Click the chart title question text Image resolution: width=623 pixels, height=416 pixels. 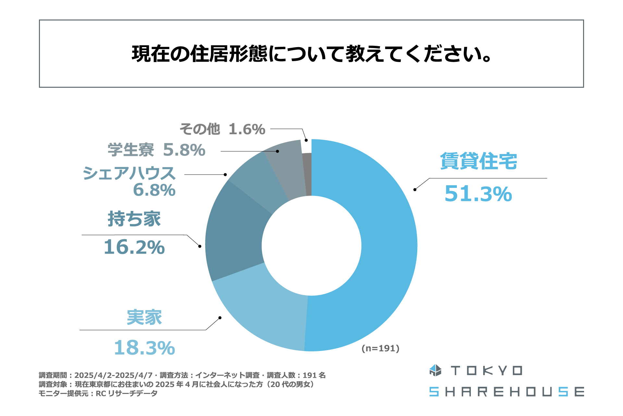click(311, 54)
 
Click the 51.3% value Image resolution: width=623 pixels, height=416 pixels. click(478, 194)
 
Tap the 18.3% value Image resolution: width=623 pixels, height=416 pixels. click(144, 348)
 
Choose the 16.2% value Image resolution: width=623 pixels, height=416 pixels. click(134, 247)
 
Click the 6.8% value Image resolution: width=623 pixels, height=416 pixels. click(154, 190)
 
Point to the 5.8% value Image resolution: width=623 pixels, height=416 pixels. click(184, 150)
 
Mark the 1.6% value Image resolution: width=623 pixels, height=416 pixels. click(247, 129)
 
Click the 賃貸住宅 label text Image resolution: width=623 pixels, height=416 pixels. click(478, 161)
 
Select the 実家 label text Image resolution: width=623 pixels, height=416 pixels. click(144, 318)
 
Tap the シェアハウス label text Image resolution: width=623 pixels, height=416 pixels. click(129, 173)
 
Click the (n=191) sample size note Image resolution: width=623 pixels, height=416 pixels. click(380, 348)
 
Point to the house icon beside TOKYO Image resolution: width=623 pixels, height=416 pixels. click(435, 370)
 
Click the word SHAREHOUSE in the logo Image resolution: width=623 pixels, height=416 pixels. click(506, 392)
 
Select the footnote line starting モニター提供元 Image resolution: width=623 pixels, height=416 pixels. click(98, 394)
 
